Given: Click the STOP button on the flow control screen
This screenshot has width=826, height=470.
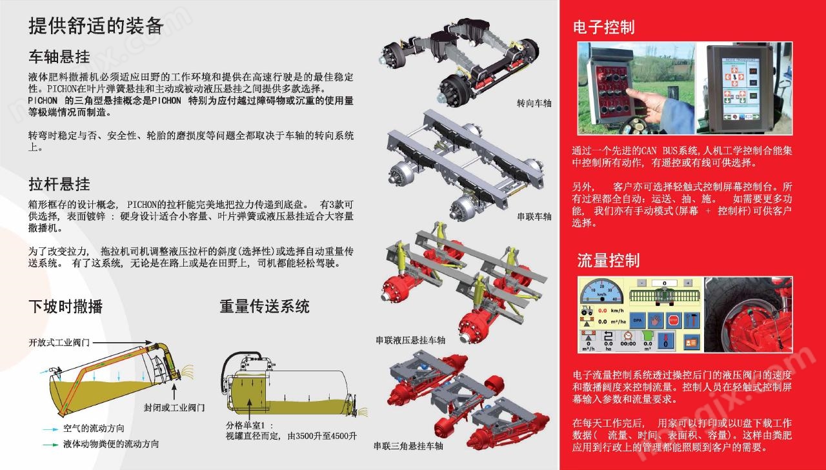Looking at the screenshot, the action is (x=673, y=320).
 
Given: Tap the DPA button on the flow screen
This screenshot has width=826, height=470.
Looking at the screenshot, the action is (x=637, y=320).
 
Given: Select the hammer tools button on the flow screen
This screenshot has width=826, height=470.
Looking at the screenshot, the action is (x=692, y=320).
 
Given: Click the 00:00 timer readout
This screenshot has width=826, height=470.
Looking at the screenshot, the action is (x=628, y=343).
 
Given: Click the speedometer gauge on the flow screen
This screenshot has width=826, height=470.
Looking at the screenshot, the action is (x=601, y=291).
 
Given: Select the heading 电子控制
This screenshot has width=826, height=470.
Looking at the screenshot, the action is (x=603, y=27).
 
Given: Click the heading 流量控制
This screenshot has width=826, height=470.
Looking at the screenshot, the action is (x=608, y=260).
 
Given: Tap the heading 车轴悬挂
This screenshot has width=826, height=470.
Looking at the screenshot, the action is (x=59, y=57).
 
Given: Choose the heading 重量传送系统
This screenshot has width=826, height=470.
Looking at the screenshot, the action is (x=265, y=307).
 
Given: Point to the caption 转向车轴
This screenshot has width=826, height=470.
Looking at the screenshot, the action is (x=534, y=103).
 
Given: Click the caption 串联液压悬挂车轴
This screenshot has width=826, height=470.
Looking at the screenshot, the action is (x=410, y=340).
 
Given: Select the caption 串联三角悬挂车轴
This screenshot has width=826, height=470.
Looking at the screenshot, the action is (x=408, y=446).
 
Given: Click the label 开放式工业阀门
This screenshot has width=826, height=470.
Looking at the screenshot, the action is (x=59, y=343).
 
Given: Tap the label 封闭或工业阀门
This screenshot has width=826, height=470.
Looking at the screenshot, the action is (x=174, y=407).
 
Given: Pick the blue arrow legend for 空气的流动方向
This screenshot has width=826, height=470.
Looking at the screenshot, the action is (x=50, y=429).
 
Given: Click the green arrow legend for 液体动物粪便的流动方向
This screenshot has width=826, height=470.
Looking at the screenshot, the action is (x=50, y=445).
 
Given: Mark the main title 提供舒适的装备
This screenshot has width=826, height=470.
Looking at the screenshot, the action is (x=96, y=26).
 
